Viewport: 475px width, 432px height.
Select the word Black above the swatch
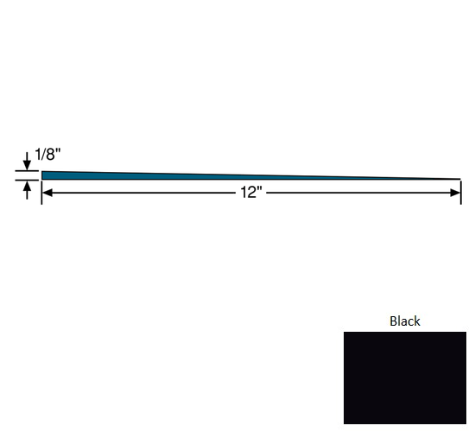(404, 321)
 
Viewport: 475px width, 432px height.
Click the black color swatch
(404, 378)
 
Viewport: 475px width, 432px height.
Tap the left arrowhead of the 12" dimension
(47, 193)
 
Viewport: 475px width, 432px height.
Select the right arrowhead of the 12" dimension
(456, 193)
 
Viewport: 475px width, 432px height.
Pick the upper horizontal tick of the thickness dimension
(26, 171)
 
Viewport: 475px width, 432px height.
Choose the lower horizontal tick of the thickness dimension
(26, 180)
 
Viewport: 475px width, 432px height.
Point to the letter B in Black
(393, 321)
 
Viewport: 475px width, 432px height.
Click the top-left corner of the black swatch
(345, 333)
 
